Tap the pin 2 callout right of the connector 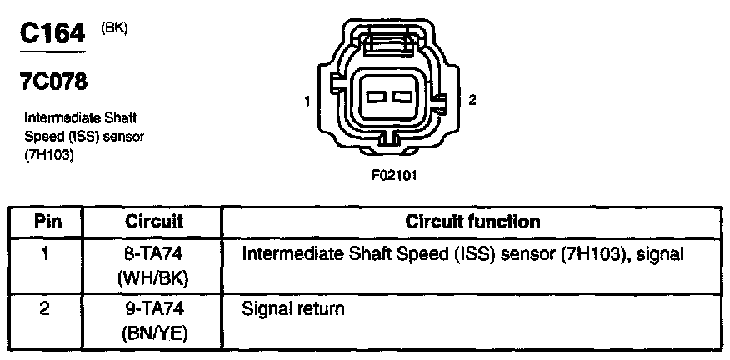[472, 101]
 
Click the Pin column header [47, 222]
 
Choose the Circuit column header [153, 222]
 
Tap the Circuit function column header [472, 222]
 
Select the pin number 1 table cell [47, 252]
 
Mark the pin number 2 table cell [47, 309]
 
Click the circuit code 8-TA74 [153, 252]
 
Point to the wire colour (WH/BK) [153, 276]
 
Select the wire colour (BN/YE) [153, 332]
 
